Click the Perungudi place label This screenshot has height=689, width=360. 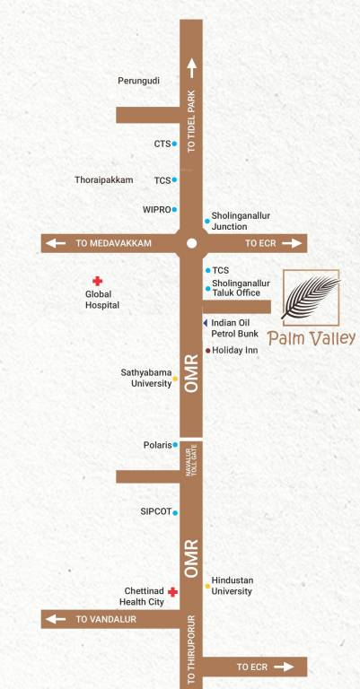tap(138, 81)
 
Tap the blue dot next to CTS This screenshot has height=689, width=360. tap(174, 144)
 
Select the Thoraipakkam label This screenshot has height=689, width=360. tap(103, 180)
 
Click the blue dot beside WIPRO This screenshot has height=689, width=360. tap(174, 210)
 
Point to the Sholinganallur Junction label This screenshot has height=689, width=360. tap(240, 221)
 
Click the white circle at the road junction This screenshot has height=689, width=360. tap(191, 243)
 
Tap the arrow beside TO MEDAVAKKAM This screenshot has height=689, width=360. tap(56, 243)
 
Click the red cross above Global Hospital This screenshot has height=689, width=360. tap(97, 282)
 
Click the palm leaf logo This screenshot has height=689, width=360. tap(311, 298)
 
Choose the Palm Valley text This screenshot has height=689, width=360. tap(311, 339)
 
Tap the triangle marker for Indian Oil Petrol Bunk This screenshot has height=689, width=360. tap(205, 323)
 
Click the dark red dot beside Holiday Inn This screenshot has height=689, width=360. tap(208, 350)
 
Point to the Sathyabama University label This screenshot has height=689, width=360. tap(145, 378)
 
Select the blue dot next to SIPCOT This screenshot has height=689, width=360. tap(174, 513)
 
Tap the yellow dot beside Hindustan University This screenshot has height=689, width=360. tap(207, 586)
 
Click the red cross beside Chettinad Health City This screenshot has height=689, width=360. tap(171, 592)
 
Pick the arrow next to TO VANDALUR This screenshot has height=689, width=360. tap(56, 619)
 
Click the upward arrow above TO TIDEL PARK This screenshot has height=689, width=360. tap(191, 66)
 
